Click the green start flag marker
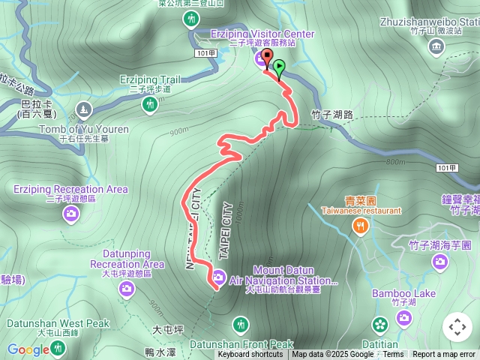[279, 67]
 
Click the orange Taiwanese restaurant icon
[361, 226]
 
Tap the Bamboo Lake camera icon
[404, 319]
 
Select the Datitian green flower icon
[380, 324]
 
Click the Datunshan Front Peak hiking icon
[241, 325]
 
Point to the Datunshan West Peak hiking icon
[58, 348]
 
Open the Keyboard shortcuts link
[250, 355]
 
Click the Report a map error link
[444, 355]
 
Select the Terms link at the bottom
[393, 355]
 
